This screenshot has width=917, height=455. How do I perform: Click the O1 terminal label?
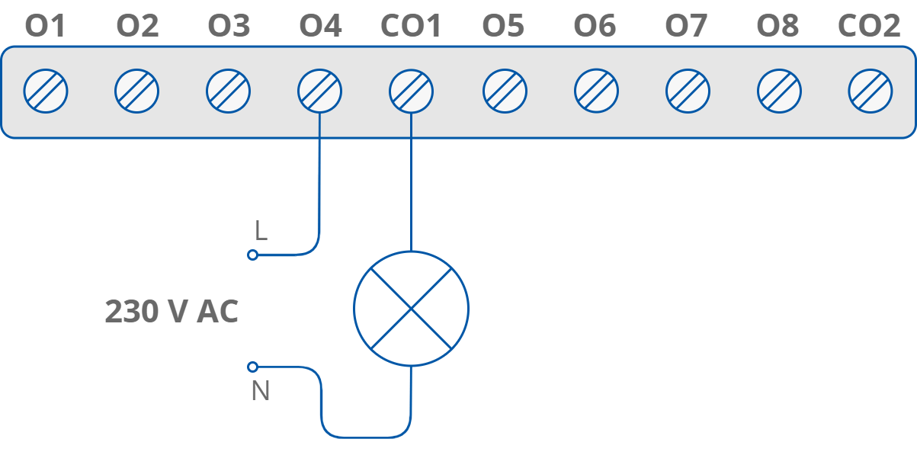(46, 27)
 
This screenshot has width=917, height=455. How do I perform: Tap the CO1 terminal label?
(411, 27)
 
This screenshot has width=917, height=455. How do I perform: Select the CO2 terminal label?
(869, 27)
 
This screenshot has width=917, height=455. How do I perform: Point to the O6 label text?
(595, 27)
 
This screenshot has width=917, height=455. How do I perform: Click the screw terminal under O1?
(46, 91)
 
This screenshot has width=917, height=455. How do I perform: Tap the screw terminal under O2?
(137, 91)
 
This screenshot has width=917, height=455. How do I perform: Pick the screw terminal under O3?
(229, 91)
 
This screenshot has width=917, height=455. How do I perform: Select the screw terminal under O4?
(319, 91)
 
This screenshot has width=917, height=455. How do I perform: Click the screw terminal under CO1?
(411, 91)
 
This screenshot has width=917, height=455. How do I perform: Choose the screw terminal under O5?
(504, 91)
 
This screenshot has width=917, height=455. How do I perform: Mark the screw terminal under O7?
(688, 91)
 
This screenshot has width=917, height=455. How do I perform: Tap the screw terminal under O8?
(778, 91)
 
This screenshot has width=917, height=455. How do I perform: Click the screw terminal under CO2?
(870, 91)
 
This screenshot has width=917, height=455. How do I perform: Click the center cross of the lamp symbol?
(411, 309)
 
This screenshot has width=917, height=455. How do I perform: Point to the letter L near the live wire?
(261, 232)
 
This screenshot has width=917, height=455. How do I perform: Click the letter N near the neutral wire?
(261, 391)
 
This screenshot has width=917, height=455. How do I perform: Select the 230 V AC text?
(172, 312)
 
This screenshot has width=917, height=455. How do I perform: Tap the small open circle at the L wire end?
(253, 255)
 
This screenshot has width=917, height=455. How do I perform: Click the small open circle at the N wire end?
(253, 367)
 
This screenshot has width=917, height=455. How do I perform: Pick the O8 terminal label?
(778, 27)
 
